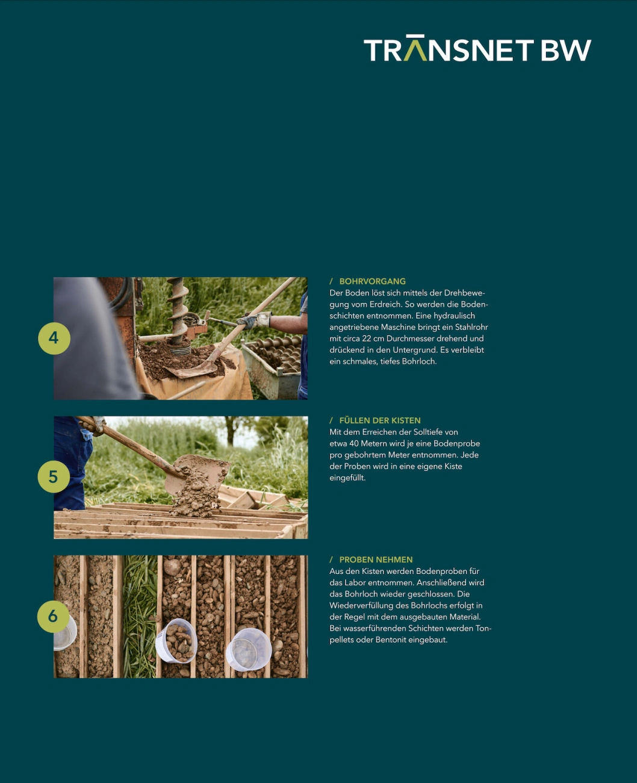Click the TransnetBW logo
coord(477,48)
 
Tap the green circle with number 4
coord(54,338)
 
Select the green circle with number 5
coord(54,477)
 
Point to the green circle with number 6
coord(53,617)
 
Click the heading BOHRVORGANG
coord(372,282)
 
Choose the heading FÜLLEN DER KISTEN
coord(380,420)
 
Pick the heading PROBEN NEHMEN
coord(376,560)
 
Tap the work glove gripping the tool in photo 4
coord(254,320)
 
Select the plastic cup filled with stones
coord(176,641)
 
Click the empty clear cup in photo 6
coord(248,649)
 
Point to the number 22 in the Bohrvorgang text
coord(366,338)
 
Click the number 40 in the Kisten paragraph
coord(354,444)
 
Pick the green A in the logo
coord(415,48)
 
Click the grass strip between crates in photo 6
coord(140,617)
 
